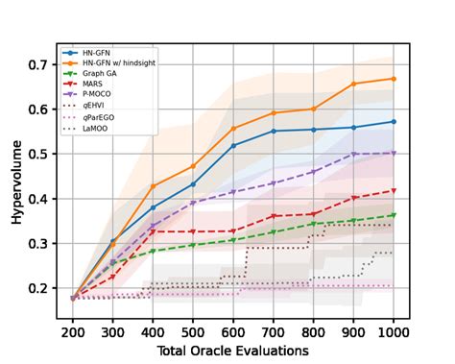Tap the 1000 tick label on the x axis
(393, 330)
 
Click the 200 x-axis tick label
(74, 330)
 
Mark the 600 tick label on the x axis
(233, 330)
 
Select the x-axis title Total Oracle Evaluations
(233, 351)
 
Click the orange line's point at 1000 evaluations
(393, 79)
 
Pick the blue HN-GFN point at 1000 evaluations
(393, 122)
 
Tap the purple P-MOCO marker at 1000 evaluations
(393, 153)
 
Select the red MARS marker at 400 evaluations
(154, 231)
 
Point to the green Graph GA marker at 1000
(393, 215)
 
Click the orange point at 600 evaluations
(233, 129)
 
